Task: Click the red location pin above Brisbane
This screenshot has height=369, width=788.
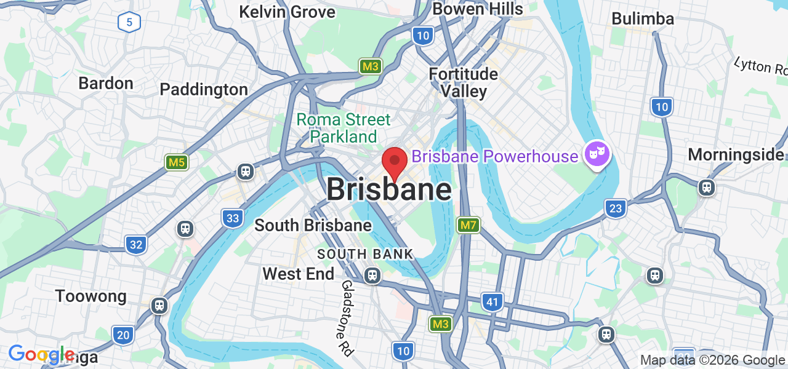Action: pos(394,162)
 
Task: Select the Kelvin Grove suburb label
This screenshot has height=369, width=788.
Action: pos(287,12)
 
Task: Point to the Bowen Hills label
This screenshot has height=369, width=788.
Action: pos(478,9)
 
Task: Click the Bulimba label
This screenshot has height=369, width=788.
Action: pos(643,19)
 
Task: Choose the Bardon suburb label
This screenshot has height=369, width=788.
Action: pos(106,83)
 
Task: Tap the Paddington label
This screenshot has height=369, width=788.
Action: pos(204,89)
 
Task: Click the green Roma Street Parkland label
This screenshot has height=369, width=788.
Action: pos(344,127)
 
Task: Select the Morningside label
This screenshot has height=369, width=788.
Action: pos(736,154)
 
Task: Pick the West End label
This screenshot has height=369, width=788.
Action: pos(299,274)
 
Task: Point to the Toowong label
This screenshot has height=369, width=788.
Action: pos(91,296)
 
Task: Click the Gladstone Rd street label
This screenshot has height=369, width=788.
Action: pos(347,318)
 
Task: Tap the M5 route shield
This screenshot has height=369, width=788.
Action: pos(177,162)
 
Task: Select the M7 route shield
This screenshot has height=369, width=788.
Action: pos(468,225)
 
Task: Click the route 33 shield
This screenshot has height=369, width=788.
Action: pos(232,218)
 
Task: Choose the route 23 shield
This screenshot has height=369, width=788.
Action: pos(615,208)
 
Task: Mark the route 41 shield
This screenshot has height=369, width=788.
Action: pos(491,302)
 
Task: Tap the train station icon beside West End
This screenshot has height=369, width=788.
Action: pos(372,276)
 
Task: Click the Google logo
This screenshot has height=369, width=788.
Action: pos(42,354)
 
